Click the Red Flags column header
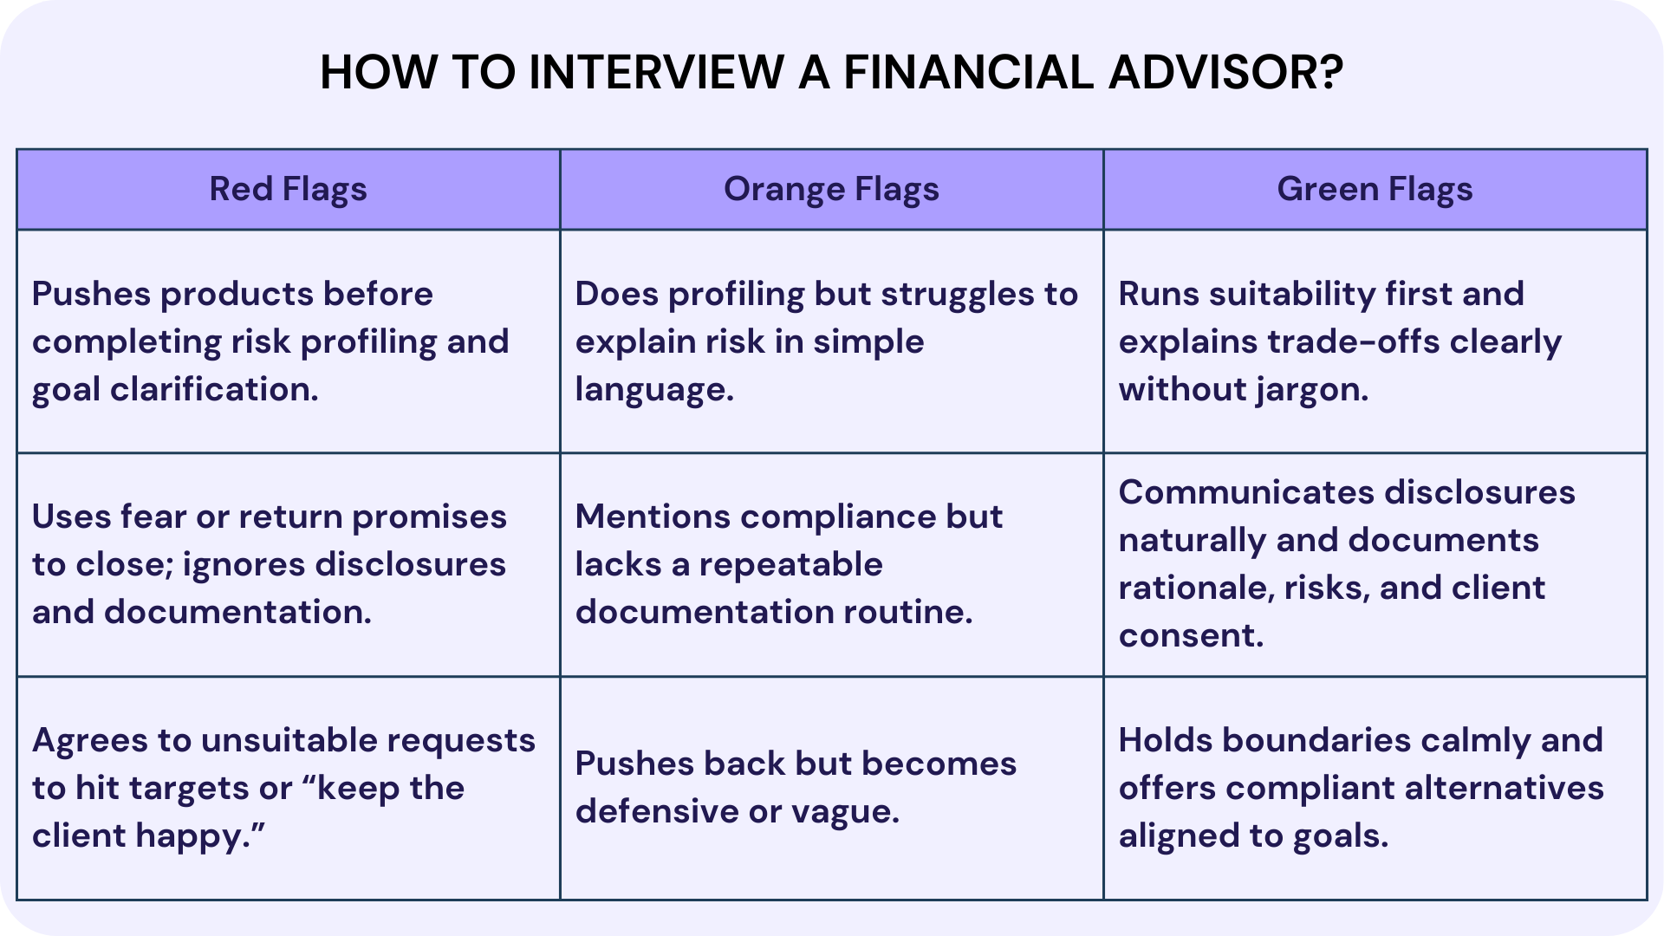(288, 189)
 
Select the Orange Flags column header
(831, 189)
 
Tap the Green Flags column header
(1375, 189)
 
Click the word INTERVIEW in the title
(656, 72)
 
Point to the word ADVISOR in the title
(1225, 72)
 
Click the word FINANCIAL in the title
(968, 72)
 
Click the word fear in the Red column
(153, 517)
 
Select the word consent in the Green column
(1190, 636)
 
